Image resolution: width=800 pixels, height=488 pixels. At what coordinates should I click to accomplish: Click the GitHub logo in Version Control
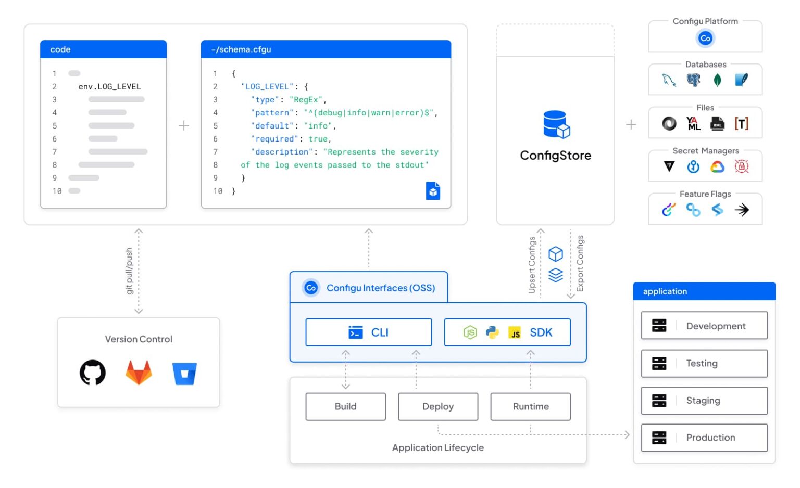click(x=93, y=373)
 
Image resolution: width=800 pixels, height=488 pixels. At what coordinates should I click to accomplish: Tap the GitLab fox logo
click(x=139, y=373)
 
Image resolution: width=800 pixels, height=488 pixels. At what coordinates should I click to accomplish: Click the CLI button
click(x=369, y=332)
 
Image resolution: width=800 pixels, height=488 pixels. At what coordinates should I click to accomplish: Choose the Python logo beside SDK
click(x=492, y=332)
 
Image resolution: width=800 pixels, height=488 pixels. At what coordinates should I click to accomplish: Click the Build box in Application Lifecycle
click(x=345, y=407)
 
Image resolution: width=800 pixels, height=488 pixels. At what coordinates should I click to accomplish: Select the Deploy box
click(x=438, y=407)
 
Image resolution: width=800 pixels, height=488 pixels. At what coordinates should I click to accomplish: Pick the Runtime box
click(x=530, y=407)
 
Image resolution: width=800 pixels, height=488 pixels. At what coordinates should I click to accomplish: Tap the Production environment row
click(x=704, y=438)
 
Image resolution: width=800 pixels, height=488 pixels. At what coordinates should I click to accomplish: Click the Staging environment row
click(x=704, y=401)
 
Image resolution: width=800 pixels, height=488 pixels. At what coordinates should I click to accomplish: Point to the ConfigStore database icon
click(x=556, y=124)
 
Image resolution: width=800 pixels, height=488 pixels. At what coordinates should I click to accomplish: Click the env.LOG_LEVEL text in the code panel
click(x=109, y=87)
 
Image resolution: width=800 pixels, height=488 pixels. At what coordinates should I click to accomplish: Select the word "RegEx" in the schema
click(x=306, y=100)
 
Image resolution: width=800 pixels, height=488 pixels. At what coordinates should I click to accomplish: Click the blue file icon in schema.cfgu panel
click(x=433, y=191)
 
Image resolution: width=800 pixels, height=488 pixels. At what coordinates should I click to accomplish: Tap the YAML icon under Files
click(x=693, y=124)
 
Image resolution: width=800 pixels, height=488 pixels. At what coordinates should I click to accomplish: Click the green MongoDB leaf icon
click(x=717, y=80)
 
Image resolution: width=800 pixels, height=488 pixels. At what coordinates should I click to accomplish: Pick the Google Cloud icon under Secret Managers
click(x=717, y=167)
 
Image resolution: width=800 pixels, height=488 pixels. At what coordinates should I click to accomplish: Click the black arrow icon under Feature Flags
click(x=742, y=210)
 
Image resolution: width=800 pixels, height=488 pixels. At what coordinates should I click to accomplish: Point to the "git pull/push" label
click(x=130, y=271)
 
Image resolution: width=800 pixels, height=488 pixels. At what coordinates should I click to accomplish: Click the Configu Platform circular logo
click(x=705, y=38)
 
